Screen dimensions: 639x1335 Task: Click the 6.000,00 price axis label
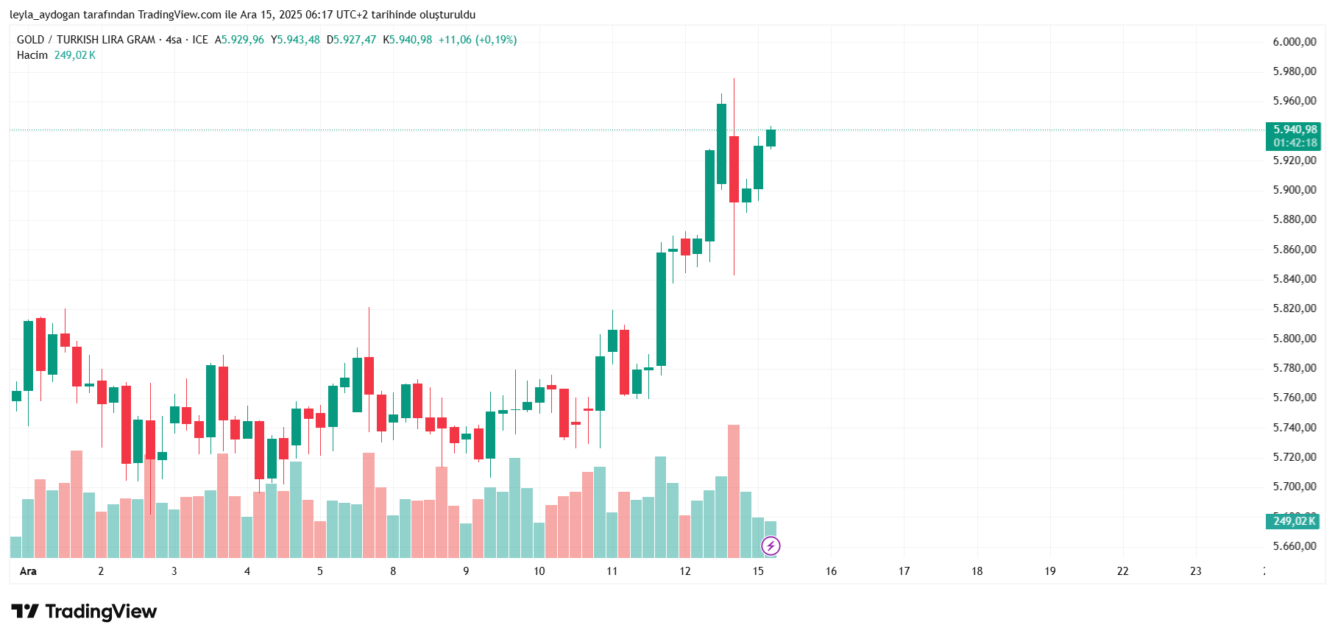pos(1295,42)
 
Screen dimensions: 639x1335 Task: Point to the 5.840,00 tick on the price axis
pos(1295,279)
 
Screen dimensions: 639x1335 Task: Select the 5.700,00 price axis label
pos(1295,487)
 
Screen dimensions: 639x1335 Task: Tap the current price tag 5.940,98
pos(1295,130)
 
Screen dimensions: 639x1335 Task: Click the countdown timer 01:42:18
pos(1295,143)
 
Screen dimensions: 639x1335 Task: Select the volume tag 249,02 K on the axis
pos(1294,521)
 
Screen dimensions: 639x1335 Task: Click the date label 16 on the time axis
pos(831,571)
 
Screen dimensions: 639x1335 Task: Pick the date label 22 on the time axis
pos(1122,571)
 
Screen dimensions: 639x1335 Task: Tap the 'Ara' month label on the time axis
pos(28,571)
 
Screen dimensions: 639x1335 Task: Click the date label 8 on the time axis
pos(393,571)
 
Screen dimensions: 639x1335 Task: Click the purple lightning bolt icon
pos(771,546)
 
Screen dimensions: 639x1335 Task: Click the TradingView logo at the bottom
pos(84,612)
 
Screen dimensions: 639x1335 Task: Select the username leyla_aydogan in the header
pos(44,15)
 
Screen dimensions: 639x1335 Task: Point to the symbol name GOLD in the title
pos(30,40)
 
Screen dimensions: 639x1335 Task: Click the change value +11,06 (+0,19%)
pos(478,40)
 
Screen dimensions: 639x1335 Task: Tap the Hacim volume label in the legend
pos(32,55)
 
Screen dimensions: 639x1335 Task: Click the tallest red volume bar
pos(733,491)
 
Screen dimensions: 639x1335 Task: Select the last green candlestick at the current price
pos(771,138)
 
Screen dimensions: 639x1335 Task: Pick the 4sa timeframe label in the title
pos(174,40)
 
